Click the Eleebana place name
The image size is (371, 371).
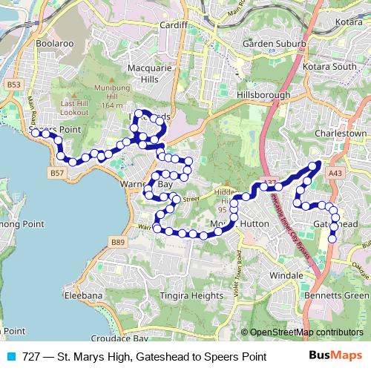pos(83,295)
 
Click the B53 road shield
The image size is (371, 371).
pos(14,85)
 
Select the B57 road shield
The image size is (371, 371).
pos(57,173)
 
